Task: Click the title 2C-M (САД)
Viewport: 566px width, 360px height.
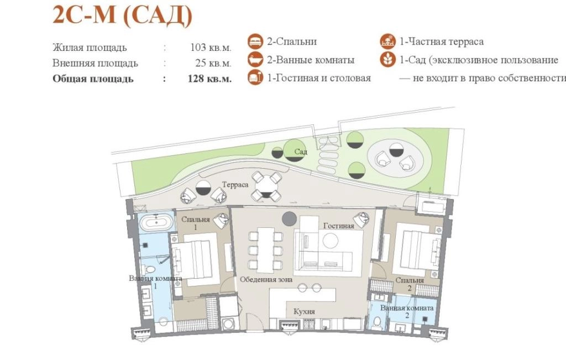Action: coord(122,15)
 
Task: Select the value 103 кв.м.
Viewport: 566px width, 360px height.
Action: coord(211,48)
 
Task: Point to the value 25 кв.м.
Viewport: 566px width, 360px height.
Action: coord(213,63)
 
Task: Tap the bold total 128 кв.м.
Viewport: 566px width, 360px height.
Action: coord(209,79)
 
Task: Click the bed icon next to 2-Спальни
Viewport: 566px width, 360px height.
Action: coord(255,41)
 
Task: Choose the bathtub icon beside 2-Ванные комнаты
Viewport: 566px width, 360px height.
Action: coord(255,60)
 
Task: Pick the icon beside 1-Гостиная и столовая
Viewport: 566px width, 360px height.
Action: coord(255,77)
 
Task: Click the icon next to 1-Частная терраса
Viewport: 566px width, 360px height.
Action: coord(387,41)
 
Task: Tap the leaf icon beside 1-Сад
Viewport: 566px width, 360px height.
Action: coord(387,60)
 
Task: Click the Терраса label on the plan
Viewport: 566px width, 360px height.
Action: coord(235,185)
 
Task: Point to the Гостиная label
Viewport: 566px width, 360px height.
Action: coord(339,226)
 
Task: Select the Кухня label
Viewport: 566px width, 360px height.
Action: coord(304,311)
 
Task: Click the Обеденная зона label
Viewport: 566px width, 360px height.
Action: coord(266,279)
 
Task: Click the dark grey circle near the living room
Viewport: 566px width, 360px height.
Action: coord(289,218)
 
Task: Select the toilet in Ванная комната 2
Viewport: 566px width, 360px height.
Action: coord(378,322)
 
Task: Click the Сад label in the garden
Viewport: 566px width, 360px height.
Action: coord(301,152)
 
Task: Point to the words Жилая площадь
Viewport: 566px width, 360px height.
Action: coord(90,48)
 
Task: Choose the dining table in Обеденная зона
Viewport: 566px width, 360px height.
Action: coord(266,250)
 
